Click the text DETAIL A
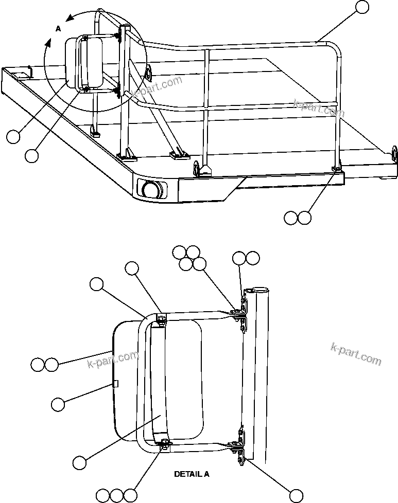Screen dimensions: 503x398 click(x=192, y=474)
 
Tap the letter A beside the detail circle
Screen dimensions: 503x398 click(x=58, y=29)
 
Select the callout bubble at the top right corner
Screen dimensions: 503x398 click(x=362, y=7)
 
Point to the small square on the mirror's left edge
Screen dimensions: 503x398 click(x=116, y=383)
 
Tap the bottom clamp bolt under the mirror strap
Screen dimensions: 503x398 click(x=165, y=444)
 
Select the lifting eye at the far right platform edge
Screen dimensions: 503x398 click(x=395, y=153)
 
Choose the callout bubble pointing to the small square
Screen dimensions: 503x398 click(x=58, y=404)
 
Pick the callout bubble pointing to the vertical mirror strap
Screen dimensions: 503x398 click(x=79, y=462)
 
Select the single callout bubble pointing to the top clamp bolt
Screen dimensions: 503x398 click(x=132, y=268)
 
